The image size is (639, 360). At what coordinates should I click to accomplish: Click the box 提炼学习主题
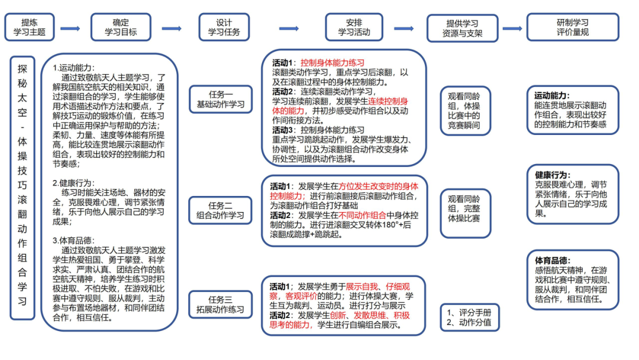pos(29,27)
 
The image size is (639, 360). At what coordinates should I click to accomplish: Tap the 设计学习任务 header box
pos(224,27)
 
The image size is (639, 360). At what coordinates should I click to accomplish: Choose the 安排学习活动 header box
pos(354,27)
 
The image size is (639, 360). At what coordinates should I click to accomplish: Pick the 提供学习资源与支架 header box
pos(462,28)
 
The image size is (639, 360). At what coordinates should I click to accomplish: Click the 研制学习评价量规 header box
pos(572,27)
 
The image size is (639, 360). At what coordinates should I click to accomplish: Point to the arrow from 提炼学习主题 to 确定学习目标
pos(70,28)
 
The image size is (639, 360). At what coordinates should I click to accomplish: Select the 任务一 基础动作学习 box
pos(220,99)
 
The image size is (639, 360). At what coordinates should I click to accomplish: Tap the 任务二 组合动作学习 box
pos(220,210)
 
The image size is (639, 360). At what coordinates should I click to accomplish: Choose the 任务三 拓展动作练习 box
pos(220,304)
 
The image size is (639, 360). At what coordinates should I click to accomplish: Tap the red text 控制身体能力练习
pos(332,63)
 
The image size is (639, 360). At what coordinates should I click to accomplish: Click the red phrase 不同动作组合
pos(363,215)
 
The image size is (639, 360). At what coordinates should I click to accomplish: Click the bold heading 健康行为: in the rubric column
pos(553,175)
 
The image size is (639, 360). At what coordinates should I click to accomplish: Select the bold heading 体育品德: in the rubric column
pos(553,261)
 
